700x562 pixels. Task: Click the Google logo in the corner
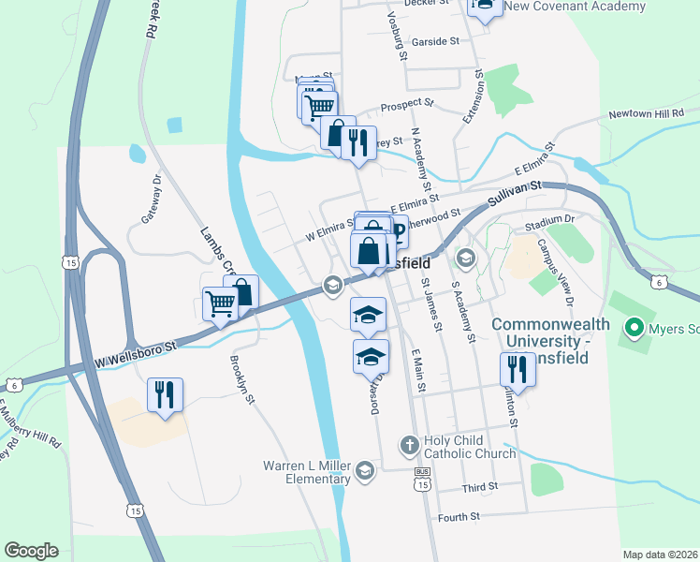[31, 550]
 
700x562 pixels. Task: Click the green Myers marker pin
[633, 328]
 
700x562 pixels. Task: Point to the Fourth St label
[459, 516]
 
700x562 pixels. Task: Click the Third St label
[480, 489]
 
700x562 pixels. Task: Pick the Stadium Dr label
[548, 220]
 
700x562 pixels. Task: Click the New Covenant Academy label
[575, 7]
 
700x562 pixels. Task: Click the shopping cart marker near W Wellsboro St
[220, 302]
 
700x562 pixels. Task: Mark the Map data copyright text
[660, 554]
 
